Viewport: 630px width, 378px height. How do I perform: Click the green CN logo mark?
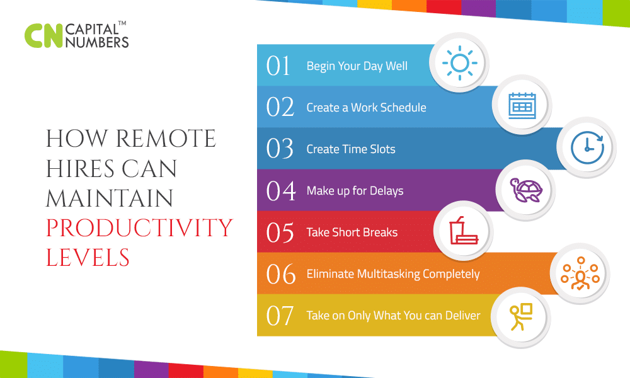[x=43, y=36]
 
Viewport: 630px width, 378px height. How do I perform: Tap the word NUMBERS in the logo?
[x=97, y=42]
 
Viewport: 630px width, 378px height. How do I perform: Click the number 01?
[x=278, y=66]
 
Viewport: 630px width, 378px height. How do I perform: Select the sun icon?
[x=460, y=63]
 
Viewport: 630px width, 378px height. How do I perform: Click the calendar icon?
[x=522, y=106]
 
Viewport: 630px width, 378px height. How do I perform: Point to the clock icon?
[x=587, y=147]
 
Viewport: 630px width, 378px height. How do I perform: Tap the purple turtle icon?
[x=526, y=190]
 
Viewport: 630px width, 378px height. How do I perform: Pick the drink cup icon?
[x=463, y=231]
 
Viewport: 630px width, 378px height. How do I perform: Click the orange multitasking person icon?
[x=580, y=273]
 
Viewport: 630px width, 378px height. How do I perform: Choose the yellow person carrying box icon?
[x=521, y=316]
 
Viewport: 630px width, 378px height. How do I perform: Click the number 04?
[x=281, y=191]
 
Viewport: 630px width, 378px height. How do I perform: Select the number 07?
[x=280, y=316]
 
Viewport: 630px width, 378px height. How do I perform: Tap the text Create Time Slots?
[x=351, y=149]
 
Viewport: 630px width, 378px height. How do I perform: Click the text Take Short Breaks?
[x=352, y=232]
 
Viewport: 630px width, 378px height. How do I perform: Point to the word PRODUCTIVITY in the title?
[x=139, y=228]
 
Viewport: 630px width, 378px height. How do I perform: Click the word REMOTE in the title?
[x=166, y=139]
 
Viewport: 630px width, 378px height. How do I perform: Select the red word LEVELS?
[x=88, y=258]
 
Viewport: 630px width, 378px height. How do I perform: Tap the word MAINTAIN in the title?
[x=109, y=198]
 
